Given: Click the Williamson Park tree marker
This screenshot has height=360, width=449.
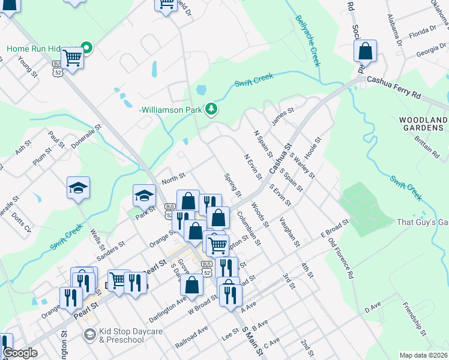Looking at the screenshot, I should click(x=211, y=109).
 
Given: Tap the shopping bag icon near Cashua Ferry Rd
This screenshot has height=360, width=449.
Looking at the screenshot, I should click(x=366, y=52).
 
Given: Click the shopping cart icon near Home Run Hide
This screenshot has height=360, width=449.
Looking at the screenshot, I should click(x=73, y=58).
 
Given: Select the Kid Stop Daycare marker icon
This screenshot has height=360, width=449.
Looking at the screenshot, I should click(x=90, y=334).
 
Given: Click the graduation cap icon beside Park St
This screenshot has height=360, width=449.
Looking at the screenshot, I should click(x=144, y=196).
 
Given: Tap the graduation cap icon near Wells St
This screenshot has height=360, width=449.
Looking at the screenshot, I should click(x=79, y=188).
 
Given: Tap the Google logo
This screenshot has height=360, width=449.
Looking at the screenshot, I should click(x=20, y=353).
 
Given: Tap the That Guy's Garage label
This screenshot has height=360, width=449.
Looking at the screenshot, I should click(x=423, y=222).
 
